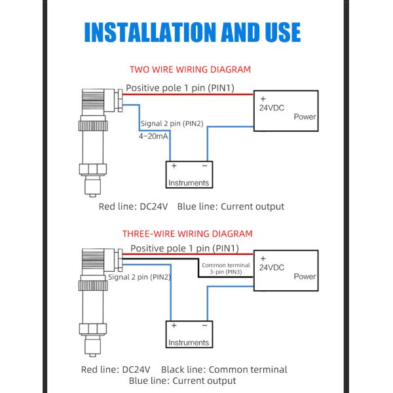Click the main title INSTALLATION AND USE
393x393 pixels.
click(192, 32)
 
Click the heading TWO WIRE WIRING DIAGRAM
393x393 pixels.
click(190, 69)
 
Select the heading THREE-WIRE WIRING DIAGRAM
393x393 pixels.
click(187, 234)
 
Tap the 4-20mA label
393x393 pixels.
click(153, 136)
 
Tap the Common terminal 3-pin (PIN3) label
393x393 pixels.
click(226, 269)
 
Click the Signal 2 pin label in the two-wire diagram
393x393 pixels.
click(172, 124)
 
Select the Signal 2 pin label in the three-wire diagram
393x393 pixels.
click(140, 277)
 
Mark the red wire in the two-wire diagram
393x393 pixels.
click(188, 94)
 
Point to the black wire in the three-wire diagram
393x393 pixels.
click(198, 268)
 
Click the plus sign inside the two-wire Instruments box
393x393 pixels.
click(174, 166)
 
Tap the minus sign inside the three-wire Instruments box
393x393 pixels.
click(205, 326)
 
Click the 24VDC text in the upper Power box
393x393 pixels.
click(272, 108)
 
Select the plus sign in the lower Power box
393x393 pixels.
click(263, 259)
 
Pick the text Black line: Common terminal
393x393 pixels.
click(224, 369)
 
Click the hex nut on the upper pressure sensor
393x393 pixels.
click(93, 169)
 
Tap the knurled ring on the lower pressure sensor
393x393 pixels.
click(93, 285)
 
